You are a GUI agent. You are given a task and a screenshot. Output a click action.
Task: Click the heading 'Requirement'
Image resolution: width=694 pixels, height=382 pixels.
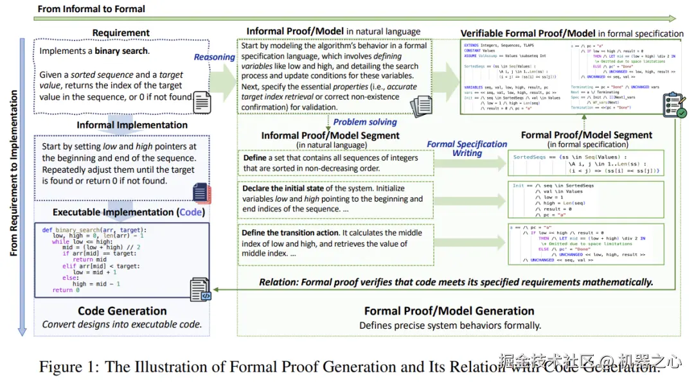121,33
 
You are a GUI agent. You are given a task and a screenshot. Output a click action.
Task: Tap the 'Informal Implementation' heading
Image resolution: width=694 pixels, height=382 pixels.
132,125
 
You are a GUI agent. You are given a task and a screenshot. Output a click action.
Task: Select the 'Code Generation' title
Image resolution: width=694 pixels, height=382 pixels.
122,311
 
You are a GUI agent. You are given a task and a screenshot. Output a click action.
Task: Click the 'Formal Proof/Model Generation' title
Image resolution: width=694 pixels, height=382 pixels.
449,311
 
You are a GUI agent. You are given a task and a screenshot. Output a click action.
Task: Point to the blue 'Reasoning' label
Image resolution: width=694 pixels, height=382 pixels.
215,57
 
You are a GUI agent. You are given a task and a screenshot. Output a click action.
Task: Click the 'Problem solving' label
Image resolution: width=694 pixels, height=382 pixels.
365,122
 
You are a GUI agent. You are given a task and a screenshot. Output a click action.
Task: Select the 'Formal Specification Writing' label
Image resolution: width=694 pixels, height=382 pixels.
467,148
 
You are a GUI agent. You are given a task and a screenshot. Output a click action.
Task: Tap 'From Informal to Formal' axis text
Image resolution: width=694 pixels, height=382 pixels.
91,9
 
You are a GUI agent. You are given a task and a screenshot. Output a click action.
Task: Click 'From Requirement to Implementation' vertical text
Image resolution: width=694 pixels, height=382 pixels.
14,182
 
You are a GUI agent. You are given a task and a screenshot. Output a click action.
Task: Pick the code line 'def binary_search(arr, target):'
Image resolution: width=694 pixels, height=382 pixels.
94,229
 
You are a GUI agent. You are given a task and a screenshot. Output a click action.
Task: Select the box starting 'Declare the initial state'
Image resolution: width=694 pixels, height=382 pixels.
334,199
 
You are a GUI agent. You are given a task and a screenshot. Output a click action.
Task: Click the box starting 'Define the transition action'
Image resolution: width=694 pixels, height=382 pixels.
334,243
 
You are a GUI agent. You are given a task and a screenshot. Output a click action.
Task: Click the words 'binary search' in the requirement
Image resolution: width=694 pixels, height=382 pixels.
122,51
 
